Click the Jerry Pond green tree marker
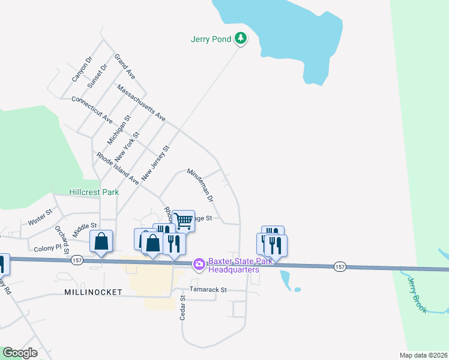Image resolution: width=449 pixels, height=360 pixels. pyautogui.click(x=241, y=39)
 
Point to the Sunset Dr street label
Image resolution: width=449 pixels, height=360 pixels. pyautogui.click(x=97, y=76)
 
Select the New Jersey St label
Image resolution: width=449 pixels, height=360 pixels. pyautogui.click(x=155, y=164)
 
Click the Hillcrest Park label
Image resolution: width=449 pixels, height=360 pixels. pyautogui.click(x=94, y=192)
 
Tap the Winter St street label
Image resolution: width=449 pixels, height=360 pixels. pyautogui.click(x=40, y=217)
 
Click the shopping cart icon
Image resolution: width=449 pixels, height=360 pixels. pyautogui.click(x=184, y=221)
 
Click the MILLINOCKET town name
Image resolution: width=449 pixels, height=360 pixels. pyautogui.click(x=94, y=292)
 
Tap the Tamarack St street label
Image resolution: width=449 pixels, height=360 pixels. pyautogui.click(x=208, y=289)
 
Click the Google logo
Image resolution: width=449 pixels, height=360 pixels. pyautogui.click(x=20, y=353)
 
